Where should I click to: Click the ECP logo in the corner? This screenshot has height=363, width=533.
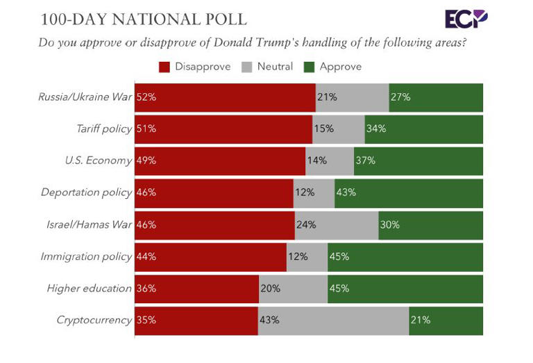point(466,19)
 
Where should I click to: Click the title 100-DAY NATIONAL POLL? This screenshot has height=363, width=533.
point(143,18)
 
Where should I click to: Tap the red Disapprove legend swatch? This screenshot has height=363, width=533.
point(164,67)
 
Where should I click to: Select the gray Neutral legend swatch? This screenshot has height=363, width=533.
point(246,67)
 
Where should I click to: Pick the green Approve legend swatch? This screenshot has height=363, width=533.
point(310,67)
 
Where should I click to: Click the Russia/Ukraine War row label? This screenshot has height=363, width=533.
point(85,97)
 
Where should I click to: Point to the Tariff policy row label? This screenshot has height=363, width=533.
point(103,129)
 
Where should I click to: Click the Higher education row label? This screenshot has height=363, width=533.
point(89,288)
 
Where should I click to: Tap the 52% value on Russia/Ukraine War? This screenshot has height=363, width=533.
point(146,97)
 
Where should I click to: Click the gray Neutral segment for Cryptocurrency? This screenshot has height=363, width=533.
point(333,320)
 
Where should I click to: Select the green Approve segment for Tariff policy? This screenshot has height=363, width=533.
point(423,129)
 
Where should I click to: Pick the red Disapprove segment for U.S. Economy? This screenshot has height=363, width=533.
point(220,161)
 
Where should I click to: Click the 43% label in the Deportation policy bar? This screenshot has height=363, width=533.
point(346,193)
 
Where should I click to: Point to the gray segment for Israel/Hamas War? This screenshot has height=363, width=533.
point(337,225)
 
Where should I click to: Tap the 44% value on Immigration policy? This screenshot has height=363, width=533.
point(146,257)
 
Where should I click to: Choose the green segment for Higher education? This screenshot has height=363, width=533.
point(405,288)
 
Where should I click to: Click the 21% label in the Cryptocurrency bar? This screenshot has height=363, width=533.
point(421,320)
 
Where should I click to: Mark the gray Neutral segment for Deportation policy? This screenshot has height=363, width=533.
point(314,193)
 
